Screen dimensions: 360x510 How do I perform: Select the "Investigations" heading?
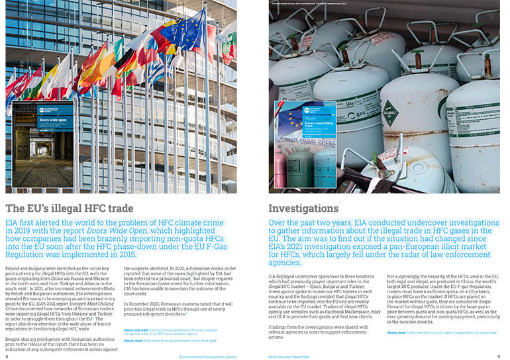click(303, 208)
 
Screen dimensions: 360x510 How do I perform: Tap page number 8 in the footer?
click(7, 355)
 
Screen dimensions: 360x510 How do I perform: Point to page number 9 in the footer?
click(498, 355)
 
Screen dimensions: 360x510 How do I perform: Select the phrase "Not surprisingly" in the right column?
click(401, 275)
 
